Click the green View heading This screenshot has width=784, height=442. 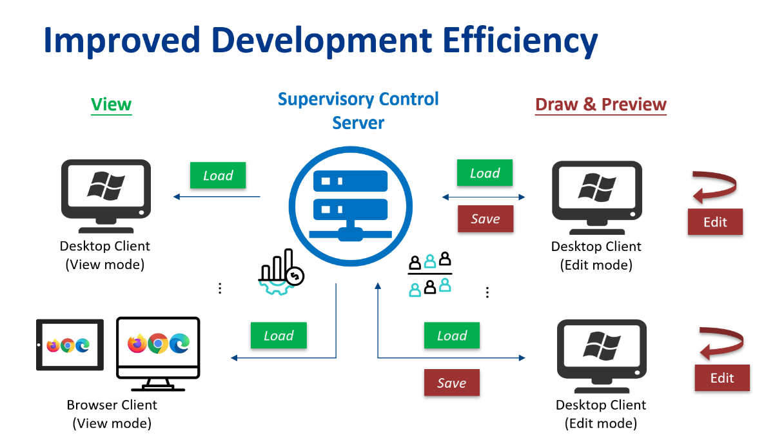[x=112, y=105]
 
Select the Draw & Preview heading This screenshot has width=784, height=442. [x=601, y=105]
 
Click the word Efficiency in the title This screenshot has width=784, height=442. [x=520, y=41]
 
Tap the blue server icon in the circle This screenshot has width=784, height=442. [x=350, y=206]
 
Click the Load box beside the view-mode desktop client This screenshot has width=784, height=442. [x=218, y=175]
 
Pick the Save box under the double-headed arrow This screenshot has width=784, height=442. [x=485, y=219]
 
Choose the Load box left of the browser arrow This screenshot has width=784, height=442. [x=279, y=336]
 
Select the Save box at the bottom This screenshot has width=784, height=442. [x=452, y=383]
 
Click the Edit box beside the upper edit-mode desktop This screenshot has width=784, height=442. [x=715, y=222]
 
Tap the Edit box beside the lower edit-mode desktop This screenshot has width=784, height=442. [x=722, y=377]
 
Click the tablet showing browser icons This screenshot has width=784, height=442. [x=70, y=345]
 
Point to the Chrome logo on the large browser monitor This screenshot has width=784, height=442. [x=158, y=343]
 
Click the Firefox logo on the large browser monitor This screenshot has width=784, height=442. [x=137, y=343]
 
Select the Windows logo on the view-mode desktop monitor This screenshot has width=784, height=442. [x=106, y=186]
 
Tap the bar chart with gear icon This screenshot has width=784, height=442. [x=281, y=272]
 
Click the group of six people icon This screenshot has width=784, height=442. [x=430, y=274]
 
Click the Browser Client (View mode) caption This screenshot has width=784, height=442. [x=112, y=414]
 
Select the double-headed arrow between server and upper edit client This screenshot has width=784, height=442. [x=484, y=197]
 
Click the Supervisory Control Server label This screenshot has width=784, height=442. [x=358, y=111]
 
